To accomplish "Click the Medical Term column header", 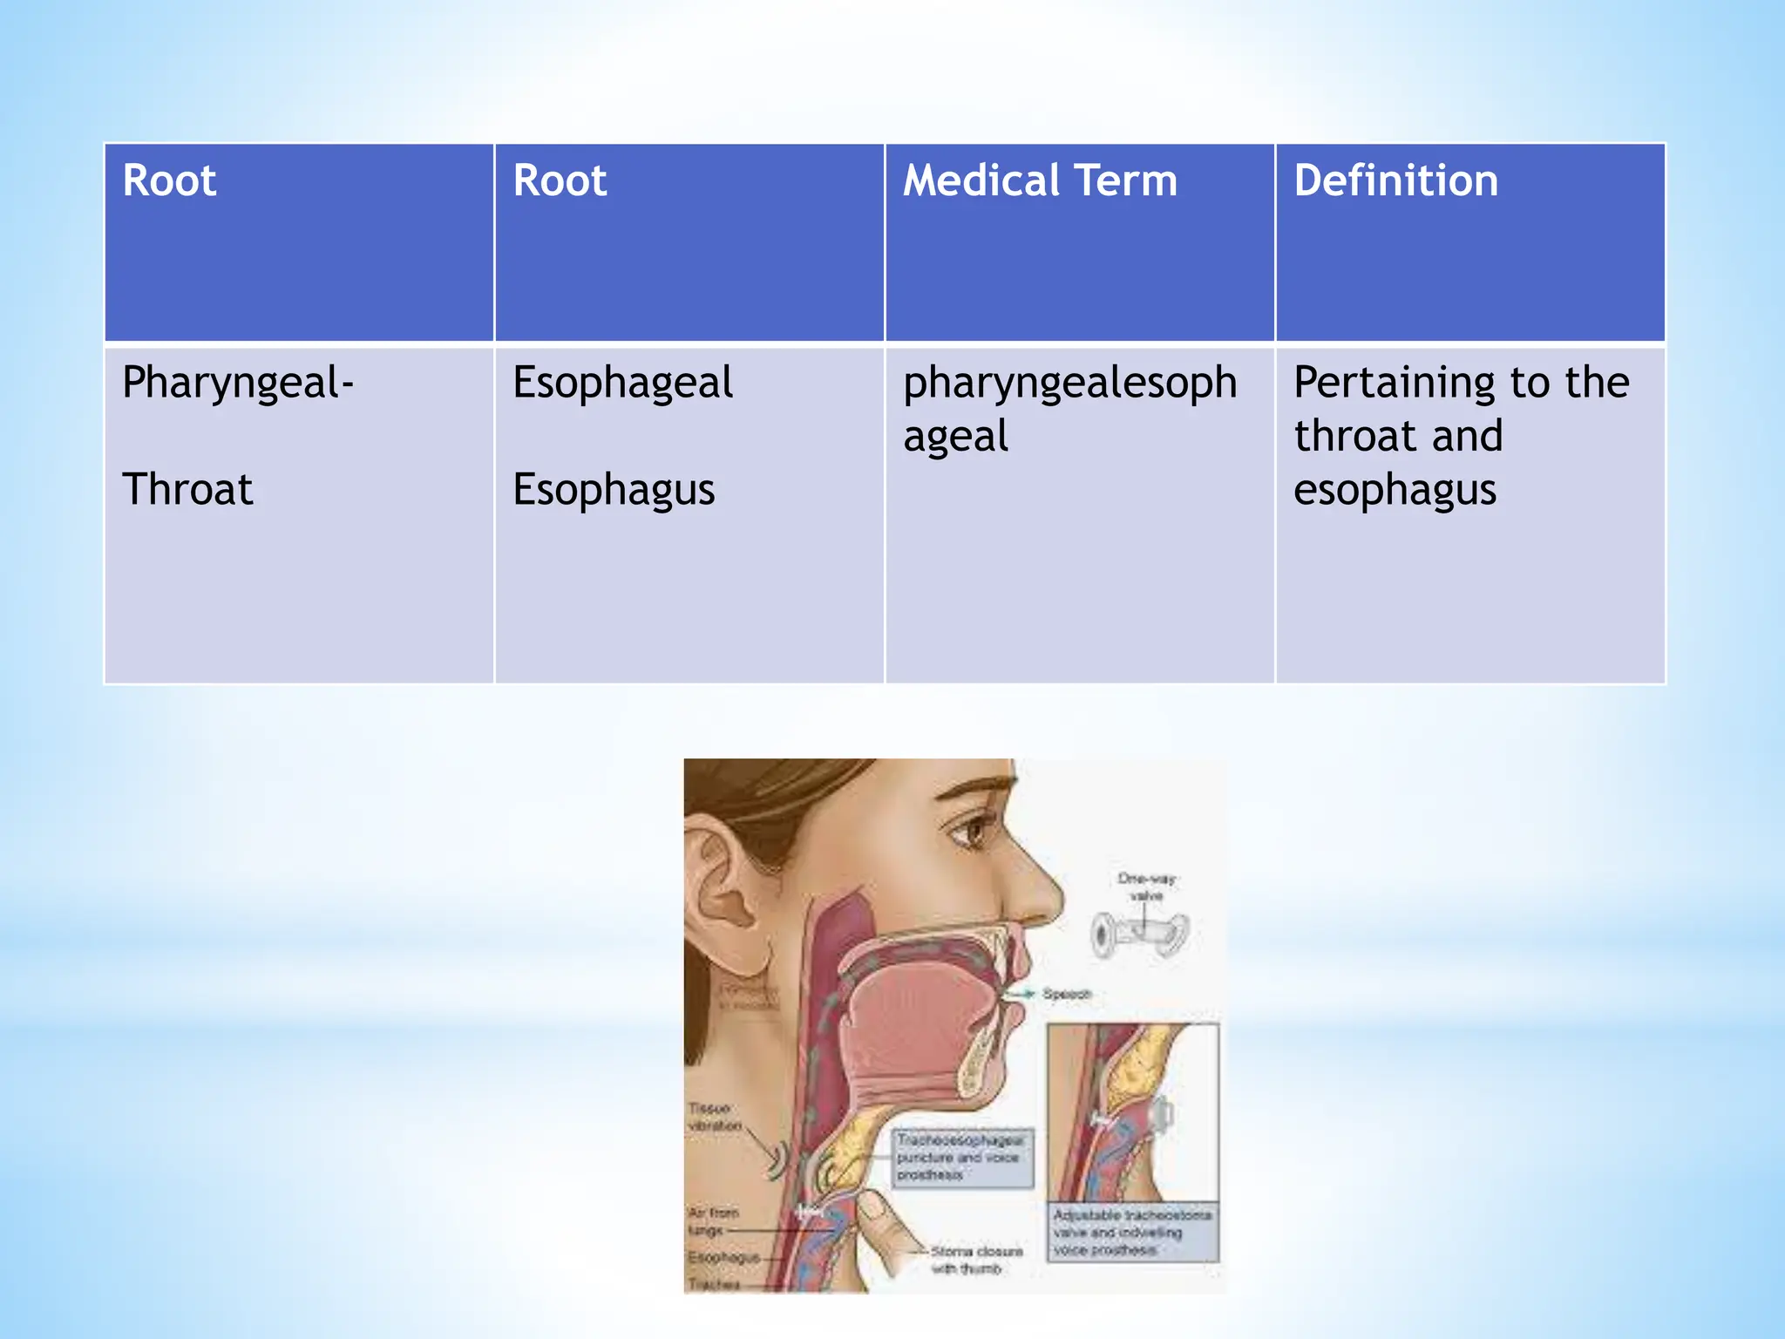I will point(1040,180).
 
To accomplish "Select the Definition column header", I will point(1395,180).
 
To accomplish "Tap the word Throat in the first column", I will point(187,489).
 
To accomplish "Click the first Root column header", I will point(169,180).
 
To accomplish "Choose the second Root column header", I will point(560,180).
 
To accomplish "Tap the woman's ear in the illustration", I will point(723,898).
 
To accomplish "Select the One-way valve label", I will point(1146,887).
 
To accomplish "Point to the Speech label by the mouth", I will point(1066,994).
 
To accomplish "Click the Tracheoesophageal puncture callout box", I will point(961,1158).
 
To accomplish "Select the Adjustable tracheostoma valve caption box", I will point(1132,1232).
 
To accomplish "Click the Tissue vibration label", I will point(714,1117).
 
